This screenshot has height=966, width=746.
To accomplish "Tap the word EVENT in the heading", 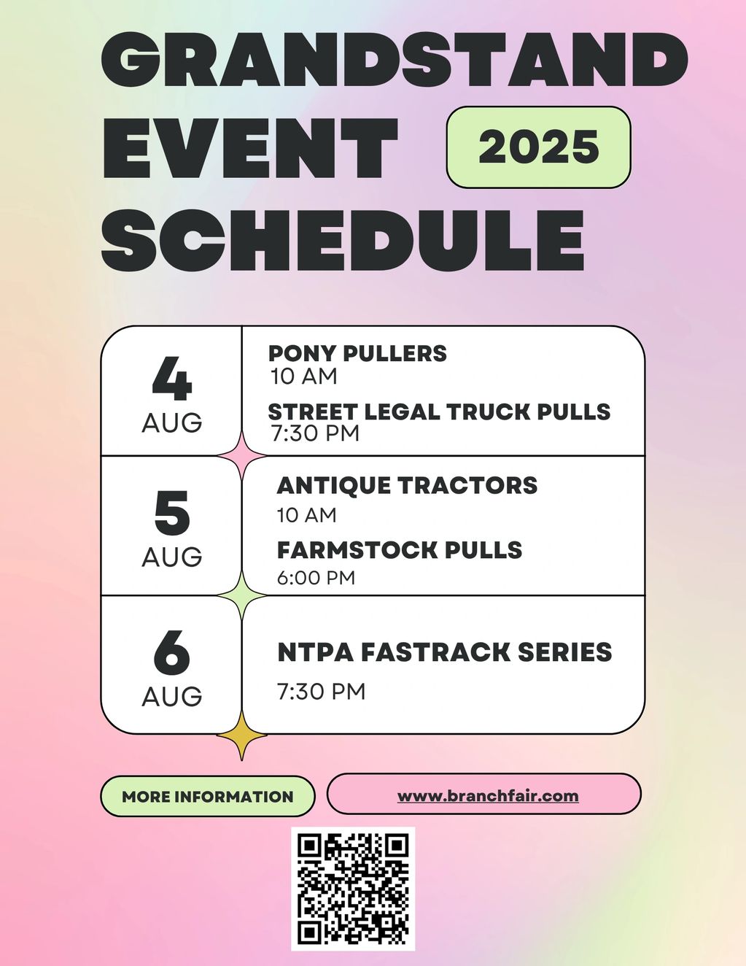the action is pos(250,148).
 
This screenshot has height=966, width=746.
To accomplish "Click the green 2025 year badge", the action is pos(538,147).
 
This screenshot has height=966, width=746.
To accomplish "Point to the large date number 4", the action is pos(172,379).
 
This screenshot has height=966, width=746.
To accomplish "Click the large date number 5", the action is pos(172,513).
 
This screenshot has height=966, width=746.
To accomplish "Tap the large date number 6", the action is pos(172,652).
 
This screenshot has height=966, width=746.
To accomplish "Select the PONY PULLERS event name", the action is pos(357,354).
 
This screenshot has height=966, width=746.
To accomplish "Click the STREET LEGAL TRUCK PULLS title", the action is pos(440,411).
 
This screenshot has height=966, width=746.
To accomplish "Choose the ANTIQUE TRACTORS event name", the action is pos(407,485).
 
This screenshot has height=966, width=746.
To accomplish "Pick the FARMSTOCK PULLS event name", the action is pos(400,550).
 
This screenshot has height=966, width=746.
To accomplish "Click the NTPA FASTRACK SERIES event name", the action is pos(445,652).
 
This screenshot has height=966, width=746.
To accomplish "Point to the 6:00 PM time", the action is pos(316,578).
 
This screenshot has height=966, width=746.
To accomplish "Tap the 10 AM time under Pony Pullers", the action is pos(304,376).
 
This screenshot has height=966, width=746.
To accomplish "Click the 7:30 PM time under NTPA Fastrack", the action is pos(322,692).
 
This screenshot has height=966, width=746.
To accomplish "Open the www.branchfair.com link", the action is pos(488,795).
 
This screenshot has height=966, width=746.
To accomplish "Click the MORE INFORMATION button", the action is pos(208,797).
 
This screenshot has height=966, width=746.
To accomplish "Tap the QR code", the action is pos(353,889).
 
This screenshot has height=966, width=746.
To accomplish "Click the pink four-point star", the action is pos(241,456).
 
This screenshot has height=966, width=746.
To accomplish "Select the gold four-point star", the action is pos(241,735).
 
